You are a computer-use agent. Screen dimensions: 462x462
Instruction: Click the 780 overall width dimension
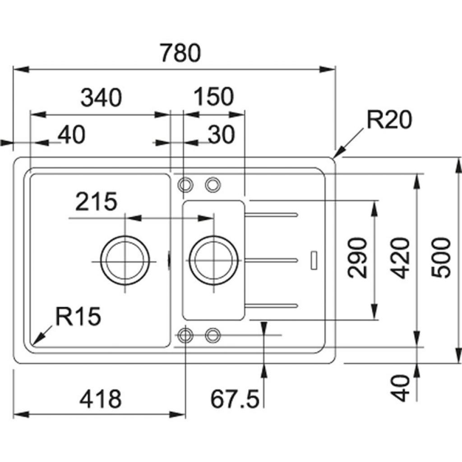coord(180,53)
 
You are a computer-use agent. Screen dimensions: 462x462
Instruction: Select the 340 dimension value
coord(101,98)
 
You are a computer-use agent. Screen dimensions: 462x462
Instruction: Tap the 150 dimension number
coord(213,97)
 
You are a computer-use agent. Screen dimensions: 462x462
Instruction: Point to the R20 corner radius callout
coord(389,120)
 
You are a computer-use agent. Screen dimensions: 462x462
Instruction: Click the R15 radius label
coord(78,317)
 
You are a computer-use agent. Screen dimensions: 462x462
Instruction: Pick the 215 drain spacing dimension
coord(96,202)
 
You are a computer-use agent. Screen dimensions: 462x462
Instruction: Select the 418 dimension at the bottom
coord(100,399)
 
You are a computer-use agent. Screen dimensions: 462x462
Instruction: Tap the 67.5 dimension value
coord(235,399)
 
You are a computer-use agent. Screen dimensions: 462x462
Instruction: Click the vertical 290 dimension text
coord(358,258)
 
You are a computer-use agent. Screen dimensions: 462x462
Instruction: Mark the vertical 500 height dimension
coord(441,258)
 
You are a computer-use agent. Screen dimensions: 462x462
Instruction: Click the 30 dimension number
coord(222,134)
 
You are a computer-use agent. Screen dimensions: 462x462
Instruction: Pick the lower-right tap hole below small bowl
coord(213,335)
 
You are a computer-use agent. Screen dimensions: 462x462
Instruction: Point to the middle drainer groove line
coord(271,259)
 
